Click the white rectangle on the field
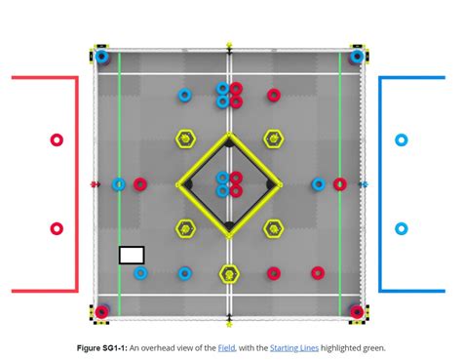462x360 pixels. click(132, 255)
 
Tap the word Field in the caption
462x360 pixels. click(226, 347)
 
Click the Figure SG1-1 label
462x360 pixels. click(101, 347)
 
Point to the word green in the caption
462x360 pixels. click(373, 347)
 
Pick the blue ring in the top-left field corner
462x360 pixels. click(102, 56)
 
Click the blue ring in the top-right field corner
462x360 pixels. click(357, 56)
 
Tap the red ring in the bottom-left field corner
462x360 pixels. click(102, 312)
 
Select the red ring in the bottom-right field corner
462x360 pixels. click(357, 312)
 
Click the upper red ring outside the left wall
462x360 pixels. click(57, 140)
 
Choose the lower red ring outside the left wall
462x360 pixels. click(57, 228)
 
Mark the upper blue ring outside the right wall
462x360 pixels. click(401, 140)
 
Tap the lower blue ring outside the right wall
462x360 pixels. click(401, 228)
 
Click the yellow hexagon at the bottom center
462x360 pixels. click(229, 273)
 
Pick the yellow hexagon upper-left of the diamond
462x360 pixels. click(185, 140)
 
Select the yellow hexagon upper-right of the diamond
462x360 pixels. click(273, 140)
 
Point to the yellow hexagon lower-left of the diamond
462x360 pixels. click(185, 228)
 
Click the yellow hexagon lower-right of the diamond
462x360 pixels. click(273, 228)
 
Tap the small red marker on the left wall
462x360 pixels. click(95, 183)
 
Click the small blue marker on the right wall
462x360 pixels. click(364, 183)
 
